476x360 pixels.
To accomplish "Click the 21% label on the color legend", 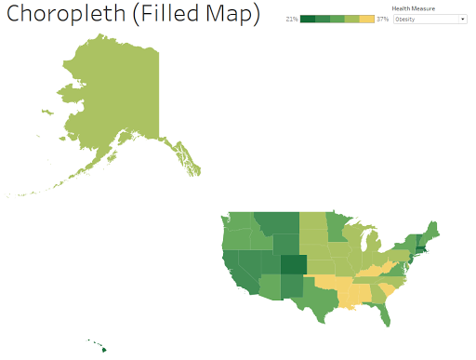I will [x=292, y=19].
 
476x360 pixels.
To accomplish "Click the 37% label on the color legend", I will [x=382, y=19].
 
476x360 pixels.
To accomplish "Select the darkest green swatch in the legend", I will [x=308, y=19].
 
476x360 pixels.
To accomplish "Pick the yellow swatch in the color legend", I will [x=367, y=19].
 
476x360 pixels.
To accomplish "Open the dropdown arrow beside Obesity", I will [x=462, y=19].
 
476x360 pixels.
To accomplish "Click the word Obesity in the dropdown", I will [x=405, y=19].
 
